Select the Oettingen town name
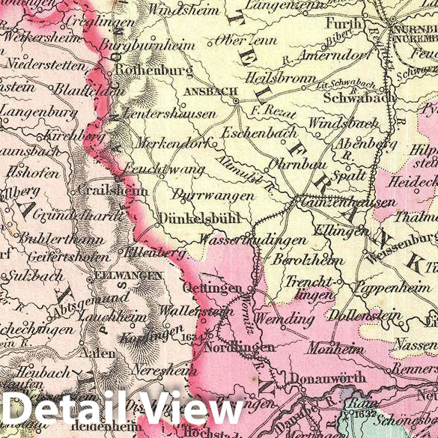213,288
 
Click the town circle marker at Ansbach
234,100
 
